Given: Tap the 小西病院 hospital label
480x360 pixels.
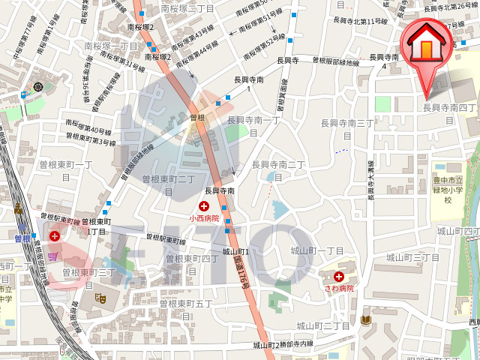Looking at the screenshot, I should tap(204, 218).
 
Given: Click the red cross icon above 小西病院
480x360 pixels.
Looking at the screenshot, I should tap(203, 206).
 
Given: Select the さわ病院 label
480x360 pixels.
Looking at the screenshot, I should tap(339, 287).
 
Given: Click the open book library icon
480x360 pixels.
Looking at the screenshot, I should tap(365, 320).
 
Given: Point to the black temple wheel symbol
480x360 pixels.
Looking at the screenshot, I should tap(39, 87).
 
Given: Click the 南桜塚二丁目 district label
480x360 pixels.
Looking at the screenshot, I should tap(187, 9).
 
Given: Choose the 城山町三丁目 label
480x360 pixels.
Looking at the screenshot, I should tap(412, 257).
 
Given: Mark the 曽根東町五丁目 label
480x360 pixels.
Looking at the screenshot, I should tap(185, 309).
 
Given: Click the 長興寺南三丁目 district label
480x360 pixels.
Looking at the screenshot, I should tap(346, 128).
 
